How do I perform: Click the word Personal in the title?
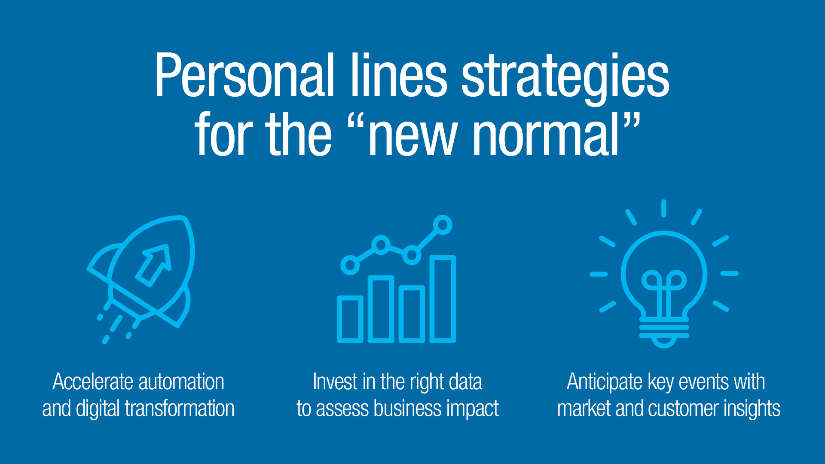(244, 75)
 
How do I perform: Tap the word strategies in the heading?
(565, 79)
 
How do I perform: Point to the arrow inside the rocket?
(153, 265)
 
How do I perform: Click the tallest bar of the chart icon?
(443, 299)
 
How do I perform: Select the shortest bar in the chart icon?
(350, 319)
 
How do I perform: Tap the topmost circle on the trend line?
(443, 225)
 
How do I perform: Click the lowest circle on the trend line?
(350, 265)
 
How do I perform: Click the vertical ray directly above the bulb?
(664, 208)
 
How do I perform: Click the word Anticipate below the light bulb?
(605, 382)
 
